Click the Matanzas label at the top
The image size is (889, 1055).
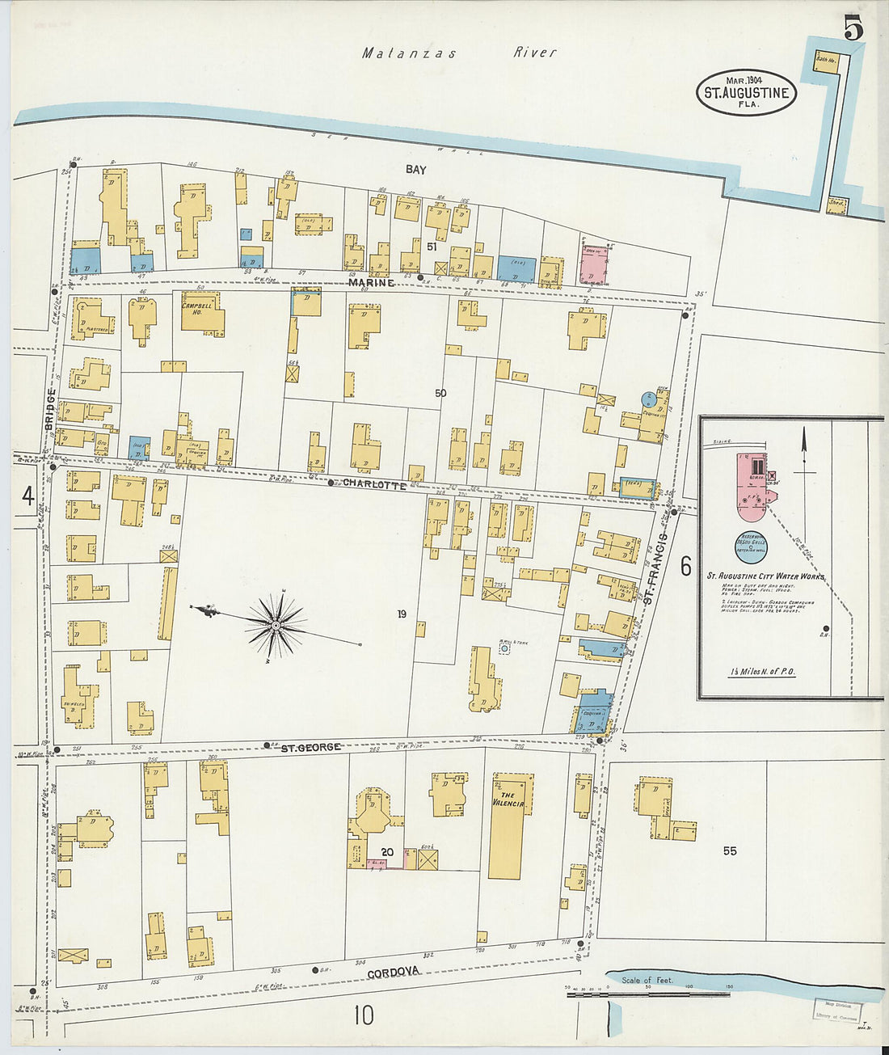[409, 53]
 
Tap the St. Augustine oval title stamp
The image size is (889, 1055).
[746, 92]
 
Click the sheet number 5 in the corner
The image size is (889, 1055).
[853, 28]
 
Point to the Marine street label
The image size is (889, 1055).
[372, 283]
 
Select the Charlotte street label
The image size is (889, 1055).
[374, 483]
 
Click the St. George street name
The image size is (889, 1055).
[310, 747]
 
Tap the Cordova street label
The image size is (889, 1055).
[394, 971]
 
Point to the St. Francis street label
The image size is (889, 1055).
[655, 568]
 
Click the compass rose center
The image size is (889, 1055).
[276, 625]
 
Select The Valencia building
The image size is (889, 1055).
[509, 825]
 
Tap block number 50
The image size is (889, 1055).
[440, 394]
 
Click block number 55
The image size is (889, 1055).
[730, 850]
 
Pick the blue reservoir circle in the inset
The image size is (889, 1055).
[752, 547]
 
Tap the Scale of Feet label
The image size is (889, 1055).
[647, 980]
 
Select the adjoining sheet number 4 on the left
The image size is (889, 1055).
[28, 496]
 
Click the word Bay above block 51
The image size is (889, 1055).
[416, 170]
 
